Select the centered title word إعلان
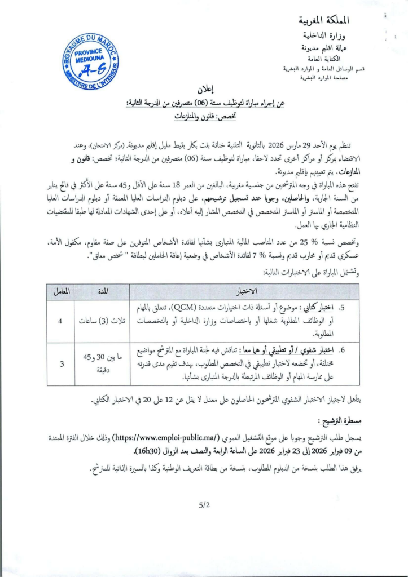(x=205, y=90)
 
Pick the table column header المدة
(x=102, y=291)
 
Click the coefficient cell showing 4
(x=60, y=321)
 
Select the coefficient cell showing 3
(x=60, y=364)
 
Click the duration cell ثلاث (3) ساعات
(x=102, y=321)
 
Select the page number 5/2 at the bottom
(x=204, y=505)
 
